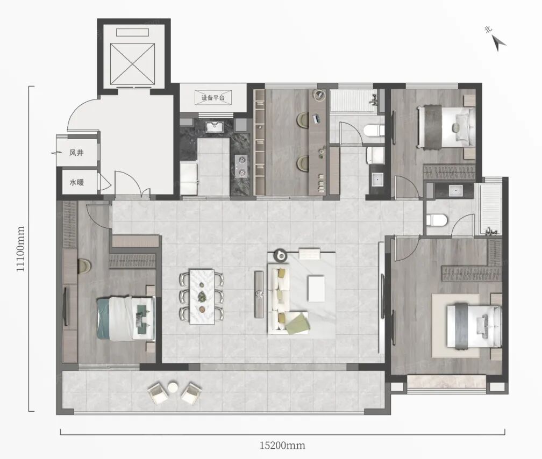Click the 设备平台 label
point(213,98)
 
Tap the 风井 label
point(76,153)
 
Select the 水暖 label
point(76,182)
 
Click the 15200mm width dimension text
point(282,445)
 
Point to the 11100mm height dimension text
point(21,248)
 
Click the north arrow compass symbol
point(499,44)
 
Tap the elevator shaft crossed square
point(132,64)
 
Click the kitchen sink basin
point(215,127)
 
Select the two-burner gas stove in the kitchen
point(240,165)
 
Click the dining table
point(202,297)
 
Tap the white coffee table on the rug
point(316,288)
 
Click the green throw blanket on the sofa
point(296,323)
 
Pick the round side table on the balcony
point(173,386)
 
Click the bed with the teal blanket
point(126,318)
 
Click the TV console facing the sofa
point(259,294)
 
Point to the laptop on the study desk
point(317,119)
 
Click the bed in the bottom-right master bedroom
point(474,325)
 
